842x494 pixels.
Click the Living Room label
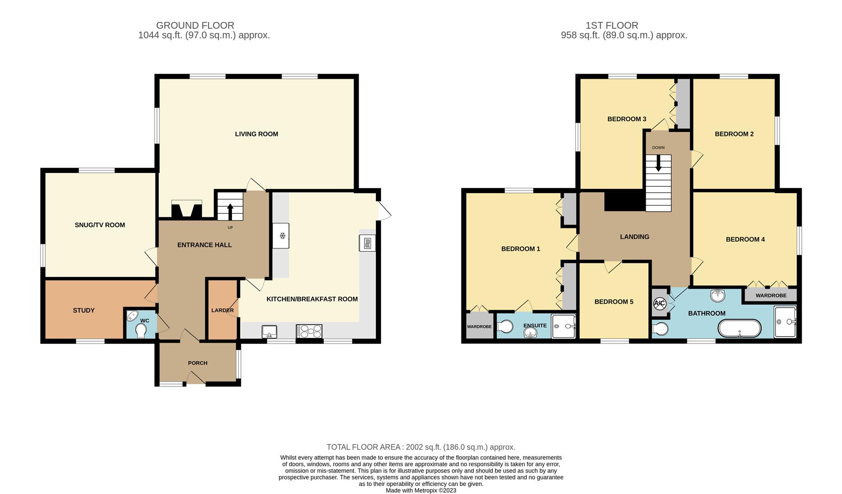257,134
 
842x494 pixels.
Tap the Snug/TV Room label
100,225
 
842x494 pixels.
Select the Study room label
84,311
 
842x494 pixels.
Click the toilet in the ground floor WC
141,331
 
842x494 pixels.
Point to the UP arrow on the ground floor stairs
230,212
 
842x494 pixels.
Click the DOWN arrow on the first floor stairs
658,163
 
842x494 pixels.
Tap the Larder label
223,311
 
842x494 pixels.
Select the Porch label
198,363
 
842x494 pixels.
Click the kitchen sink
269,332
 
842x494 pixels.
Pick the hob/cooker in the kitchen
309,332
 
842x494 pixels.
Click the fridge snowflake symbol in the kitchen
283,236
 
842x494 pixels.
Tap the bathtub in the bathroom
740,328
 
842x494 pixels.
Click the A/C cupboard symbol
660,303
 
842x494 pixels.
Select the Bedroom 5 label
614,302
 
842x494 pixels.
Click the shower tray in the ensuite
563,326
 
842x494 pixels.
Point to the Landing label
634,237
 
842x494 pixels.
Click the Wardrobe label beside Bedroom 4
771,295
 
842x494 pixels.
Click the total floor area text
421,447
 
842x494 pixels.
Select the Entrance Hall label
204,245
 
